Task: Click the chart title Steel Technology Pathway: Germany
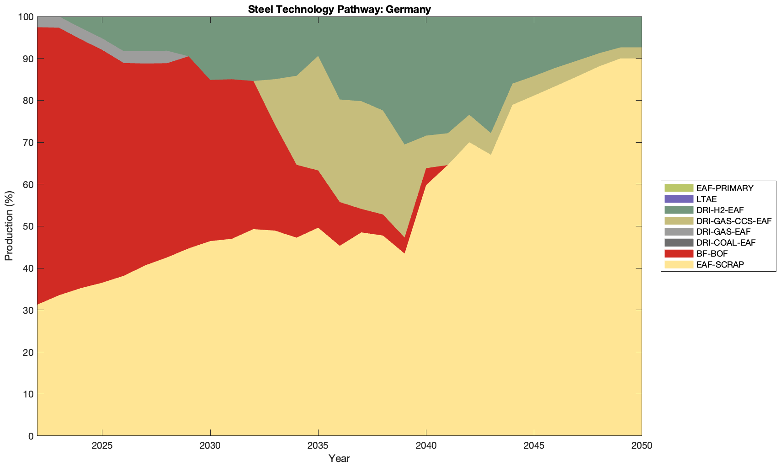(x=339, y=9)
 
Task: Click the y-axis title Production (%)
(x=9, y=226)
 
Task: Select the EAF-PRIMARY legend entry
(x=724, y=188)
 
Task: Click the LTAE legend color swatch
(x=679, y=199)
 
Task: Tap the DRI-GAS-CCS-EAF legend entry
(x=733, y=221)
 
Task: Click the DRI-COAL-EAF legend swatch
(x=679, y=242)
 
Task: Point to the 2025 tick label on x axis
(x=102, y=446)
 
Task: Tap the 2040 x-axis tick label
(x=426, y=446)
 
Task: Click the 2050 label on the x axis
(x=642, y=446)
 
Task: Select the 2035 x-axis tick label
(x=318, y=446)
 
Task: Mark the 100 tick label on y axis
(x=26, y=17)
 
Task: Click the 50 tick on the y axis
(x=28, y=226)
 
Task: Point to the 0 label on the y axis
(x=31, y=436)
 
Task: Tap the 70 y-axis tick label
(x=28, y=143)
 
